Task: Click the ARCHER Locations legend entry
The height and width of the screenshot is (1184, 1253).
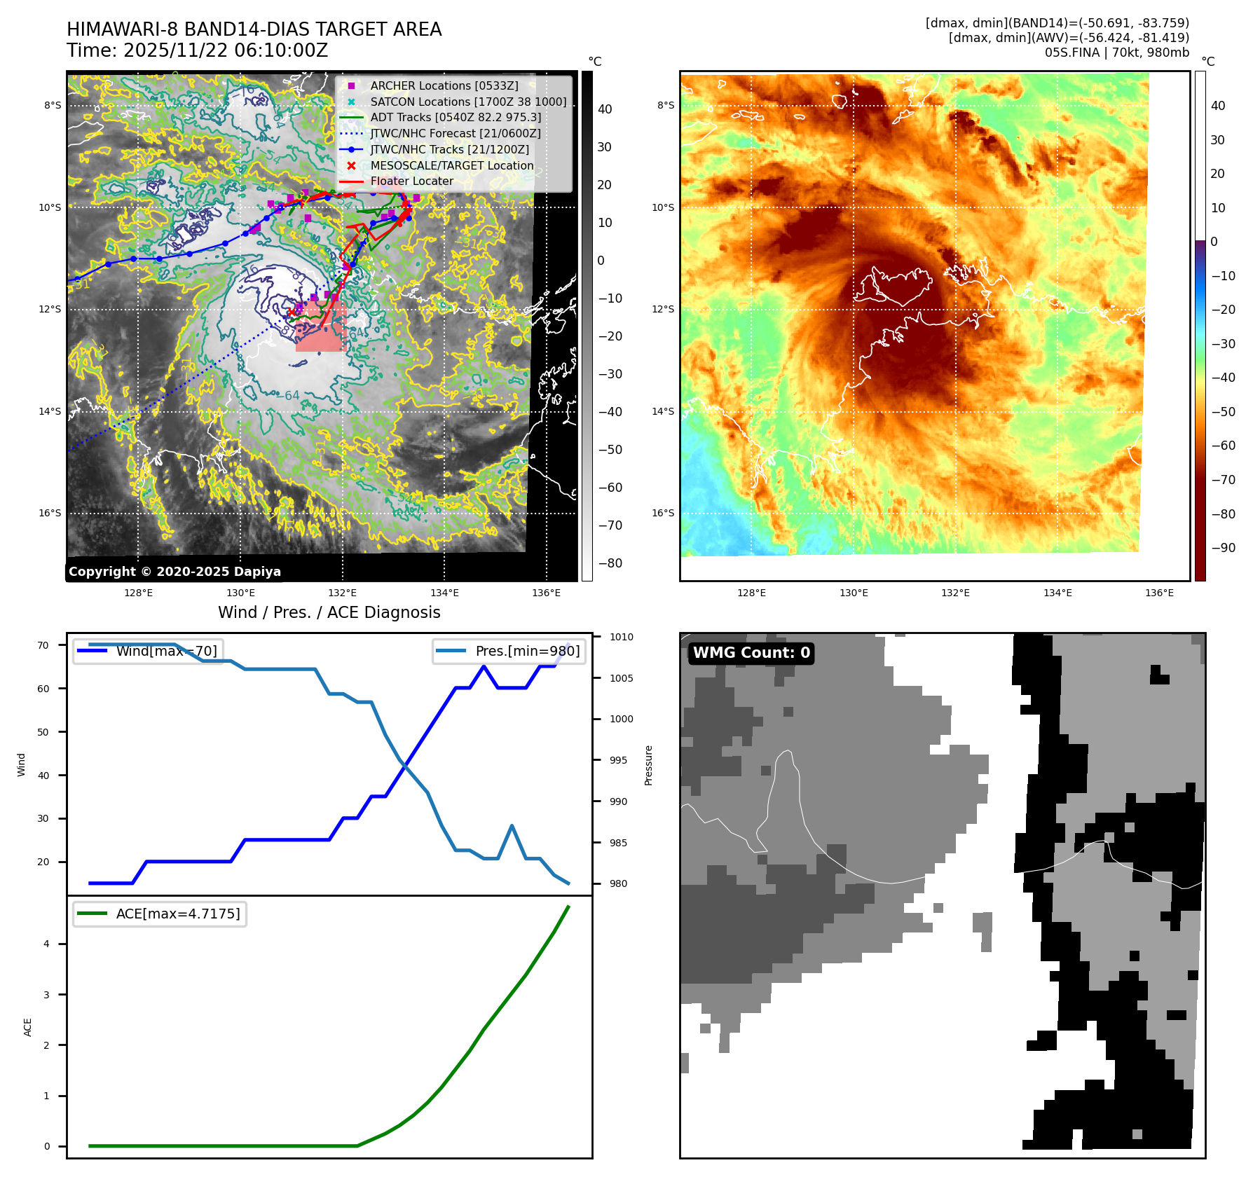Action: [x=444, y=85]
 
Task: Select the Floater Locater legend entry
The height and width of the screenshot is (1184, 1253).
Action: [x=411, y=181]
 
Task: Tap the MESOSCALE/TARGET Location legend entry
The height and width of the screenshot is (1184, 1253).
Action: [x=451, y=165]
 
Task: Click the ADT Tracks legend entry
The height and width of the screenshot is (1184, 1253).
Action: [x=456, y=117]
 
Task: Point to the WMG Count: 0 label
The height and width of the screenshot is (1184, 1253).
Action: [x=751, y=653]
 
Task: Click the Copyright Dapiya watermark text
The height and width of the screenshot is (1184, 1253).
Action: [x=174, y=572]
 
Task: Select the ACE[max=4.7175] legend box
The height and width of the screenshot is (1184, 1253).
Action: [x=160, y=914]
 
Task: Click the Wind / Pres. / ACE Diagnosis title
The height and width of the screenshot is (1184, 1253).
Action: [x=329, y=612]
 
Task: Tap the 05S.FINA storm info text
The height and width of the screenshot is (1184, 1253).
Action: [x=1116, y=53]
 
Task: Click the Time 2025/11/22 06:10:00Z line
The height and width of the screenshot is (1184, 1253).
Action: [x=197, y=50]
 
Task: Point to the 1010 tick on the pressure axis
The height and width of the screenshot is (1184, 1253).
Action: [x=621, y=637]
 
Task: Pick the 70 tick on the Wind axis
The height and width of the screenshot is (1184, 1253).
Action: [x=43, y=645]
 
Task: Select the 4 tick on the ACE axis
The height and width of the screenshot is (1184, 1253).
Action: [x=47, y=944]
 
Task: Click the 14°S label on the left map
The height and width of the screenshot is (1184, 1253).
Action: [x=50, y=411]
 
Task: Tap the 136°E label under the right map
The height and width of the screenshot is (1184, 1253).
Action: [x=1159, y=593]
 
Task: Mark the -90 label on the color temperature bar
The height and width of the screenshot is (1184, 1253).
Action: [x=1224, y=548]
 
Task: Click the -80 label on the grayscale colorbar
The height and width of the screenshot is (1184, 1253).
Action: [x=610, y=563]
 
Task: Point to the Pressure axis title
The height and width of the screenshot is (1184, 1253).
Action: [x=649, y=765]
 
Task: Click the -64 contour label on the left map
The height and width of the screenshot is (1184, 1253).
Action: [x=287, y=396]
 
